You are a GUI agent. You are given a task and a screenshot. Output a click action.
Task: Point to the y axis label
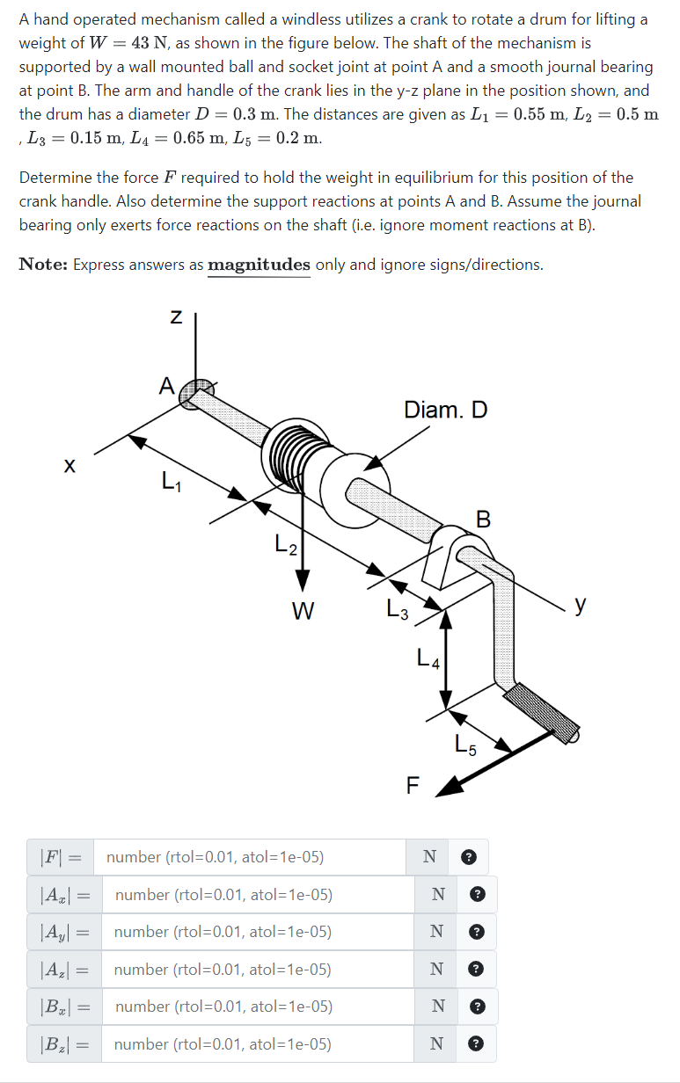580,605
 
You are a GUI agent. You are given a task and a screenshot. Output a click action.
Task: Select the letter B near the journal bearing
483,519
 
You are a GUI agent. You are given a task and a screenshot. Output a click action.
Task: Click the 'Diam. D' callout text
445,410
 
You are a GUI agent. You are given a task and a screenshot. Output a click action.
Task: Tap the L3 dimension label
398,608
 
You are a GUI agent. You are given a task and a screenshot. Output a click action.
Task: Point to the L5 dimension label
466,745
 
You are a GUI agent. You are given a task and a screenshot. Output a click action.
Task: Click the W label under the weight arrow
303,609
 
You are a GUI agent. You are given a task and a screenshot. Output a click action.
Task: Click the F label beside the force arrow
413,785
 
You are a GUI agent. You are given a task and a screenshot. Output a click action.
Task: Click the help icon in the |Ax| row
477,895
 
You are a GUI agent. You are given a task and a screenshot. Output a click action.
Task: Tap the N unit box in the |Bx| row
436,1007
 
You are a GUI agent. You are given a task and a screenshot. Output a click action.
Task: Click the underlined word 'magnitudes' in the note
259,265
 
